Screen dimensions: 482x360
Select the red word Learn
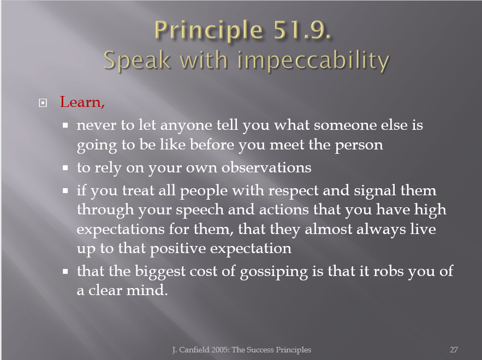(x=82, y=102)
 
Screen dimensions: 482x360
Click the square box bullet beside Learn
(x=43, y=103)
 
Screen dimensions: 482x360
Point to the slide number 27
(x=454, y=350)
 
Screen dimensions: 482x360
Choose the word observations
(x=266, y=167)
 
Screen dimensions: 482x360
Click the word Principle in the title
(x=209, y=31)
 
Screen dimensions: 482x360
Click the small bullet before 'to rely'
(x=65, y=168)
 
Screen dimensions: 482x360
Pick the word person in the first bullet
(x=359, y=145)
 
